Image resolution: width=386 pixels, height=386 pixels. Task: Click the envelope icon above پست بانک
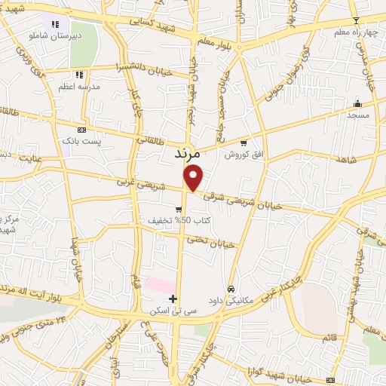(81, 130)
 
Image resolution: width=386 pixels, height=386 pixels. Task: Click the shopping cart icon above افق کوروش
(243, 142)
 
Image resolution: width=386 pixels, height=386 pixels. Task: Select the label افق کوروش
(243, 154)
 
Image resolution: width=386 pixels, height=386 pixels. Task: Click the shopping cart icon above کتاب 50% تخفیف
(179, 210)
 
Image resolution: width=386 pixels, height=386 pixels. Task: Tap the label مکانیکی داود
(231, 299)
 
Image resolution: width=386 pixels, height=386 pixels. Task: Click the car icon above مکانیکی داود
(231, 288)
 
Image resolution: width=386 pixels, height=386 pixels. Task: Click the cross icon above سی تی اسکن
(174, 299)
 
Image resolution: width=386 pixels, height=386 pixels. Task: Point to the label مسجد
(357, 115)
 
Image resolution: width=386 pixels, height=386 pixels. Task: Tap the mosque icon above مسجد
(357, 103)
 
